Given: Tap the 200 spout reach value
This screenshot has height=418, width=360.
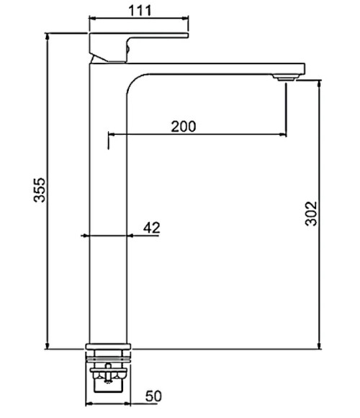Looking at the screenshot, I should (x=184, y=125).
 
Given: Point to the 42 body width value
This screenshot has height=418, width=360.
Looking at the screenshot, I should (x=151, y=228).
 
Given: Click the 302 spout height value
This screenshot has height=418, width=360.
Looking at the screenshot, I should (x=311, y=214).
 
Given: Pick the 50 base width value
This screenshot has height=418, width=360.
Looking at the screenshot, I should (x=153, y=396).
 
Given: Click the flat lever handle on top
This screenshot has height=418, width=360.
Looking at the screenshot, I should (x=144, y=35).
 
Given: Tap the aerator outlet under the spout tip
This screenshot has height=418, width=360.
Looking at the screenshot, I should (x=287, y=78).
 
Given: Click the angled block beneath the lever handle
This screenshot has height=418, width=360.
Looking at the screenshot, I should (x=108, y=50).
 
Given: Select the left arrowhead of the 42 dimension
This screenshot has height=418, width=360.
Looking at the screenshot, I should (x=88, y=236).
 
